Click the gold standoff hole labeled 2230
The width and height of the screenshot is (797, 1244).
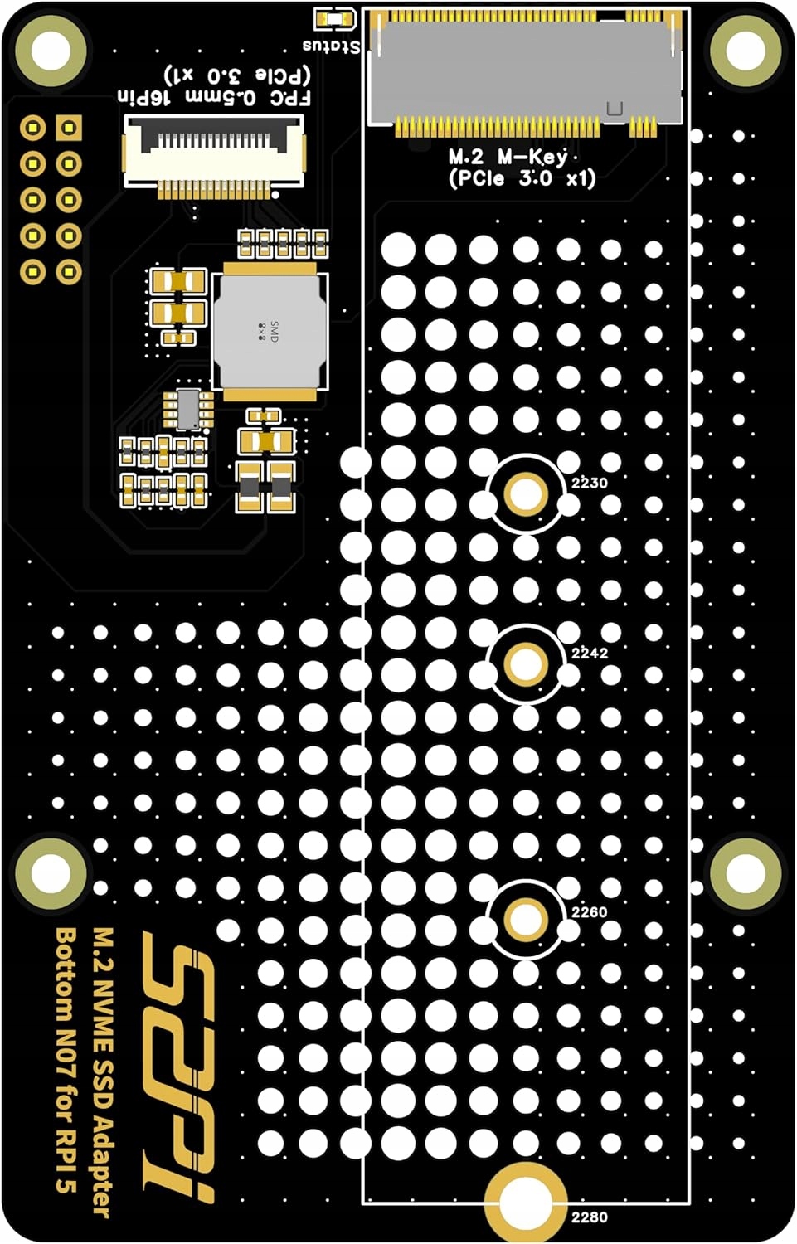pyautogui.click(x=525, y=494)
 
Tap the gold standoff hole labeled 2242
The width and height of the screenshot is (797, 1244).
pyautogui.click(x=525, y=663)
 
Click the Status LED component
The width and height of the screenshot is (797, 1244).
pyautogui.click(x=335, y=19)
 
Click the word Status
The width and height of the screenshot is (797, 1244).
pyautogui.click(x=332, y=46)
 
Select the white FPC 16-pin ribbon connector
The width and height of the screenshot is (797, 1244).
pyautogui.click(x=214, y=153)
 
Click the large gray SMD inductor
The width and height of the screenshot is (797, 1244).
pyautogui.click(x=270, y=332)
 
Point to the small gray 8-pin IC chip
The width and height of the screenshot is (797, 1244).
pyautogui.click(x=188, y=409)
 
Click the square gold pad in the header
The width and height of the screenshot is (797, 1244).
pyautogui.click(x=69, y=129)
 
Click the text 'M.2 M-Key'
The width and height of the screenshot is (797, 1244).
pyautogui.click(x=508, y=156)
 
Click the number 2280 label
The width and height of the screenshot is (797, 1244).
pyautogui.click(x=589, y=1217)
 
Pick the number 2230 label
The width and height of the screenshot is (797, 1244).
pyautogui.click(x=589, y=483)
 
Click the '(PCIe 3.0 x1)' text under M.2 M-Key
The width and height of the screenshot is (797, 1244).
pyautogui.click(x=522, y=178)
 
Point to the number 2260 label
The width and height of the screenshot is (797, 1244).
pyautogui.click(x=589, y=912)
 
